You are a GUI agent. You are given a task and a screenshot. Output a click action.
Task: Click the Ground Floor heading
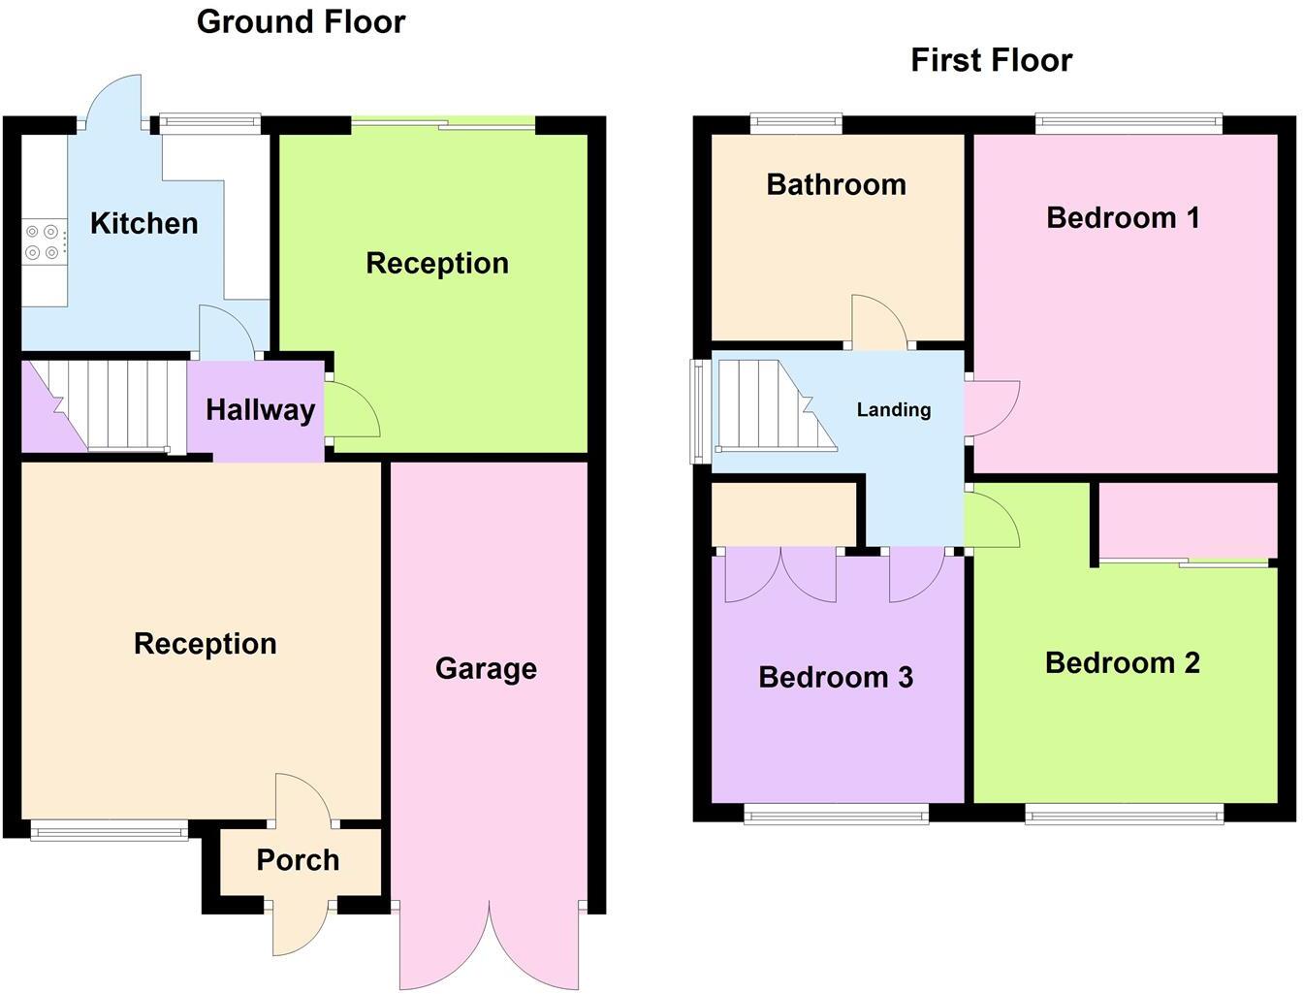point(301,21)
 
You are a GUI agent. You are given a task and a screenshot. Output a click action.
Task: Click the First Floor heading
point(991,60)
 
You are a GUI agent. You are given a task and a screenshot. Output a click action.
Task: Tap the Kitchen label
point(143,223)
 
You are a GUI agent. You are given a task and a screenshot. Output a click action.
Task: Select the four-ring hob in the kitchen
point(45,242)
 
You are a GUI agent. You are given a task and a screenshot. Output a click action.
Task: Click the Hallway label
point(260,409)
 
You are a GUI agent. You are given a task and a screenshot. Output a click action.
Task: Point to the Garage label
point(486,668)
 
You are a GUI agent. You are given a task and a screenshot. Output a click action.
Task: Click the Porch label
point(298,859)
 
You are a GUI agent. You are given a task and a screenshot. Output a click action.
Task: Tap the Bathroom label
point(836,184)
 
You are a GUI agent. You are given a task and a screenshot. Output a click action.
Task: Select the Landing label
point(893,409)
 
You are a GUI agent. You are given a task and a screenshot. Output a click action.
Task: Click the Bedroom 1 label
point(1123,217)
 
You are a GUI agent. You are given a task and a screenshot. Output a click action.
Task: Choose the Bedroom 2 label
point(1122,662)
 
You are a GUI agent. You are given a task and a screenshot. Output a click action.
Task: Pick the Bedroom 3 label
point(835,676)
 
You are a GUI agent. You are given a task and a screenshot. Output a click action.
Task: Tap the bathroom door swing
point(877,322)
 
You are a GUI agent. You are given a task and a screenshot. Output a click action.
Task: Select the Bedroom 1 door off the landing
point(991,407)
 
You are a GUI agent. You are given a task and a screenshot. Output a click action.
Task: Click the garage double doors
point(490,946)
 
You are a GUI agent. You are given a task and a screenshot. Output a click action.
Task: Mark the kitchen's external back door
point(113,102)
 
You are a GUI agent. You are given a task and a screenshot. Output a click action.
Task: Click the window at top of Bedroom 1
point(1128,123)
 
